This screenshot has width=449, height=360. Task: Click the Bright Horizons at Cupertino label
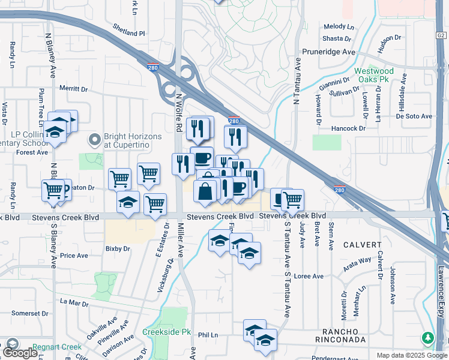[x=133, y=140]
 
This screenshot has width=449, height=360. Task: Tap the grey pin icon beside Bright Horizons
[x=94, y=140]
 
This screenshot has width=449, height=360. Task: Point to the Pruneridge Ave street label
[x=329, y=52]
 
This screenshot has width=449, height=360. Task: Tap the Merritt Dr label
[x=74, y=89]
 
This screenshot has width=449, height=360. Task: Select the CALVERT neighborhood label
[x=363, y=245]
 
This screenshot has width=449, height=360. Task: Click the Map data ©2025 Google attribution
[x=412, y=355]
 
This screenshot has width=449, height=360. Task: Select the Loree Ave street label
[x=310, y=277]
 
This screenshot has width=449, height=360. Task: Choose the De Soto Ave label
[x=414, y=116]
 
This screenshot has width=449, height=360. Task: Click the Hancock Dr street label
[x=349, y=128]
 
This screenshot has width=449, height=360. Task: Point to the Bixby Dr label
[x=118, y=248]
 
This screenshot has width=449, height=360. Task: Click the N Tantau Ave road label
[x=296, y=82]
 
